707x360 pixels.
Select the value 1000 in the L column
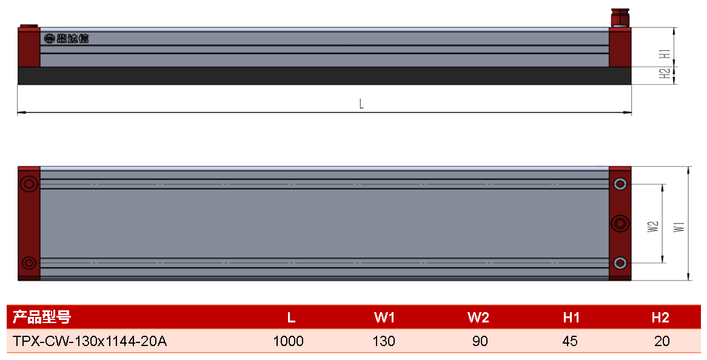(289, 341)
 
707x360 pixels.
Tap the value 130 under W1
(384, 341)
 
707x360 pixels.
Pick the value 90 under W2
(480, 341)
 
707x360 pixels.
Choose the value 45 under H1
(570, 341)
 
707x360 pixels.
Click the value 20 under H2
(662, 341)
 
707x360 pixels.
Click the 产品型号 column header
(41, 317)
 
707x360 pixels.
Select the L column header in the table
(291, 318)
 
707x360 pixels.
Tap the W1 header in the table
(384, 318)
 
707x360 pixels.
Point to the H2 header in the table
(660, 318)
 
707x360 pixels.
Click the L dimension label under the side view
(361, 104)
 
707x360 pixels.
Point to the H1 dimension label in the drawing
(665, 53)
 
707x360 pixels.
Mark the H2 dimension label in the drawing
(665, 73)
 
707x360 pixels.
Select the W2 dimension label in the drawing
(653, 227)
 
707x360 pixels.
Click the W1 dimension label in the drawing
(680, 227)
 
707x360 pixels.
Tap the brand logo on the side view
(66, 39)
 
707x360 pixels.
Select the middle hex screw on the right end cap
(620, 224)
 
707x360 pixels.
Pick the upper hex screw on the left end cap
(29, 184)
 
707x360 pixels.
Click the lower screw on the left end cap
(29, 262)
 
